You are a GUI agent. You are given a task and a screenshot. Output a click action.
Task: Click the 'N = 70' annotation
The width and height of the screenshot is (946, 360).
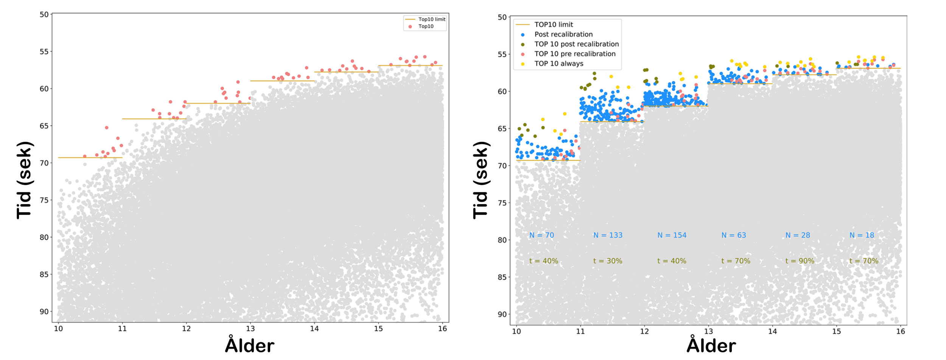click(541, 235)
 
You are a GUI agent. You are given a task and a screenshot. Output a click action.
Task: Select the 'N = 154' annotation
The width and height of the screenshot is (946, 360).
click(672, 235)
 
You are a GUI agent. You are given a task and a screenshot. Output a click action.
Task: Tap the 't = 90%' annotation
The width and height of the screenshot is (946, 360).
click(800, 261)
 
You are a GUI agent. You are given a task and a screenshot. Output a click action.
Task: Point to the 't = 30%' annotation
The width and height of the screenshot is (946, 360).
click(608, 261)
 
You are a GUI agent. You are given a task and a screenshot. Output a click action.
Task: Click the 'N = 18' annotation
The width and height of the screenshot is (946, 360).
click(862, 235)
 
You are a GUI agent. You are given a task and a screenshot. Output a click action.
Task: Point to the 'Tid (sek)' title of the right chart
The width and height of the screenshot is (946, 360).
click(481, 180)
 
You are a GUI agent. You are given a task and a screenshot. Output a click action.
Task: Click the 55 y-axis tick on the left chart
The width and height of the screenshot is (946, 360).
click(44, 51)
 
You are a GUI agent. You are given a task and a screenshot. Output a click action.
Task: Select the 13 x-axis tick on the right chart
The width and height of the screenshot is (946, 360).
click(708, 332)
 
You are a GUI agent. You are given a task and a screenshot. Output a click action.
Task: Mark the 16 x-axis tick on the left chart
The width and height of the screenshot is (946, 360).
click(442, 329)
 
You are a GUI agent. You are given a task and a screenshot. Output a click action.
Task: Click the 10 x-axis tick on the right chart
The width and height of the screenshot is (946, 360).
click(516, 332)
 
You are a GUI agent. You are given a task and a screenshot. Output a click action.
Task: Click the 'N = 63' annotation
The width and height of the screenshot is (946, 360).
click(734, 235)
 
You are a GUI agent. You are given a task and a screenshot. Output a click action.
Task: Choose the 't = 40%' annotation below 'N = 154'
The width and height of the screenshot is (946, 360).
click(672, 261)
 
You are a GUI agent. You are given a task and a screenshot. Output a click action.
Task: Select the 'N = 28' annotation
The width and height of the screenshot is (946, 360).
click(798, 235)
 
